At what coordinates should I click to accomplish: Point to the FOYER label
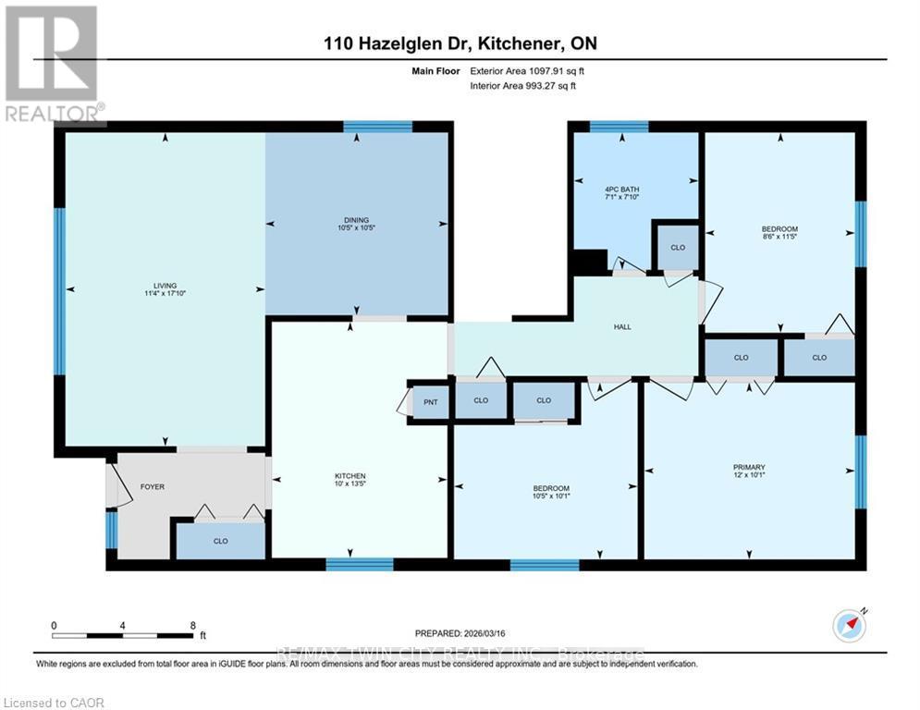152,486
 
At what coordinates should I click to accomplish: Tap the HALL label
622,327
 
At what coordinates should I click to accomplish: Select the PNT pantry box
430,402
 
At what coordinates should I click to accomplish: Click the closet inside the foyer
220,541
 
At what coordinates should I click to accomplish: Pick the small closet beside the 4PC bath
677,248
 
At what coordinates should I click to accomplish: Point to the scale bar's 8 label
191,624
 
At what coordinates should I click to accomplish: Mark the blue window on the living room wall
59,291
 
